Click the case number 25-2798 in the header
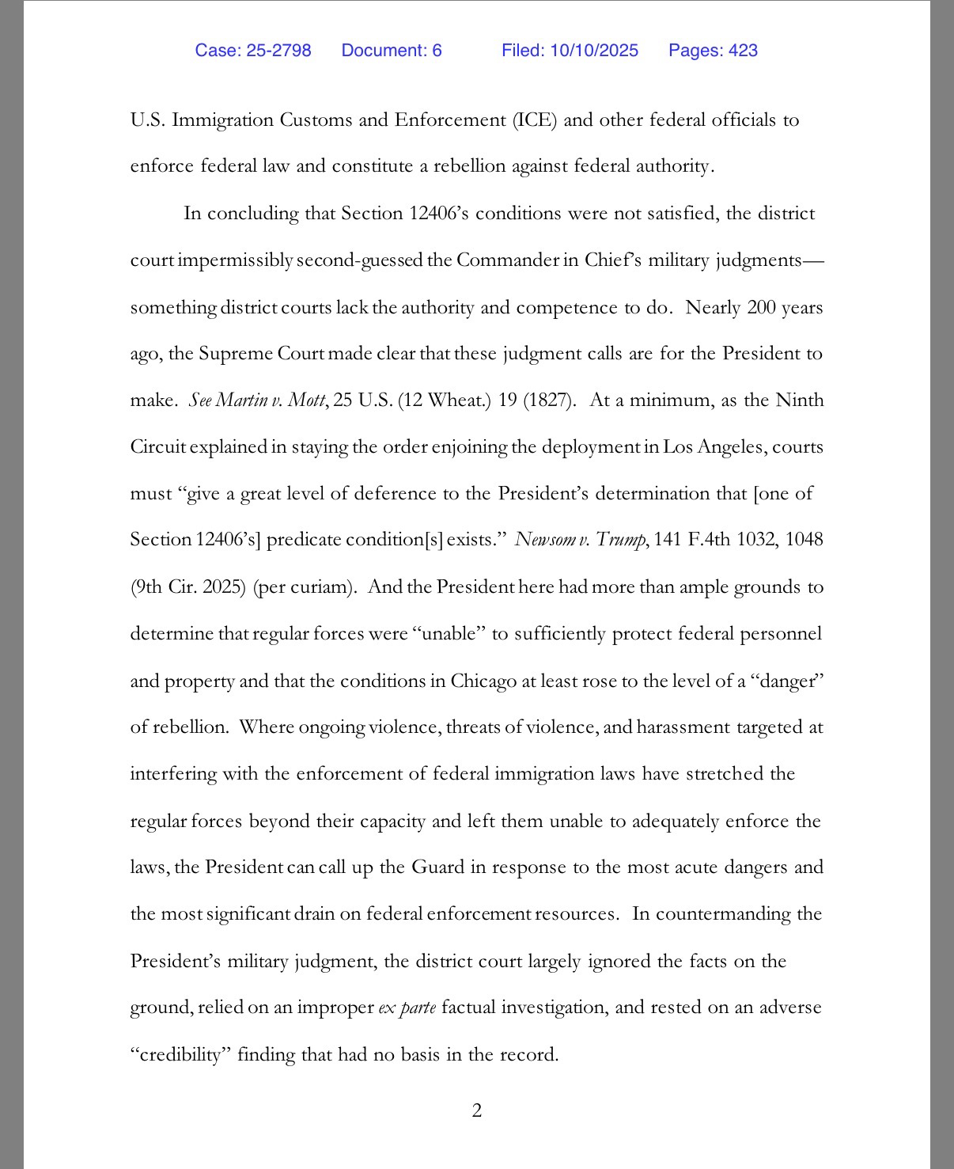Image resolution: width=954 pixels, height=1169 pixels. pos(279,51)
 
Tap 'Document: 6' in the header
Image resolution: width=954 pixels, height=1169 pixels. pos(392,51)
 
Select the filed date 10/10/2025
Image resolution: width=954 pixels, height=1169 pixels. pos(594,51)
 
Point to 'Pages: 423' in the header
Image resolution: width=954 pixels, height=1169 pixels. pos(713,51)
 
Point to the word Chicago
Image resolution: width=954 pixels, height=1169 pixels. pos(483,681)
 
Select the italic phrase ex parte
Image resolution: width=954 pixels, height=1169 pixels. pos(407,1008)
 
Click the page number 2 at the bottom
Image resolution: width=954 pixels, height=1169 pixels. pos(477,1111)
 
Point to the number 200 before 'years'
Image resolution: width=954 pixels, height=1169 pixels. pos(761,307)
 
